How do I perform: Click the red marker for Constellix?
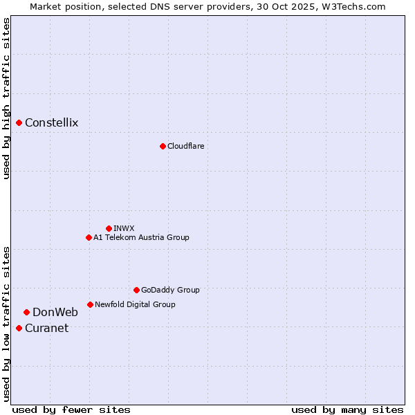click(19, 123)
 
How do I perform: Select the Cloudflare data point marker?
click(163, 146)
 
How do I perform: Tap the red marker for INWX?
click(109, 228)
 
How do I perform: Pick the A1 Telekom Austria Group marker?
click(89, 237)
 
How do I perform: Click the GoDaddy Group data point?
click(136, 290)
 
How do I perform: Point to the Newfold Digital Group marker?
click(90, 304)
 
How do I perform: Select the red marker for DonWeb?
click(26, 312)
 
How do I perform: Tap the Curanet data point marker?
click(19, 328)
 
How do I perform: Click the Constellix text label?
click(52, 123)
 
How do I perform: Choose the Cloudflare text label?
click(185, 146)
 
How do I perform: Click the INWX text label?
click(124, 228)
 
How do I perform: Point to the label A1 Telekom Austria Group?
click(141, 237)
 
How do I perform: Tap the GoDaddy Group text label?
click(170, 290)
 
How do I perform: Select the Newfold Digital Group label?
click(135, 304)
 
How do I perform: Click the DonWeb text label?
click(55, 312)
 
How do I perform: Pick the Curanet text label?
click(47, 328)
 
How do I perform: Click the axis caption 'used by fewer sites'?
click(71, 409)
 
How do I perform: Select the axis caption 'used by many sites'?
click(347, 409)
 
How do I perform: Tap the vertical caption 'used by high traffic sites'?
click(6, 98)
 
